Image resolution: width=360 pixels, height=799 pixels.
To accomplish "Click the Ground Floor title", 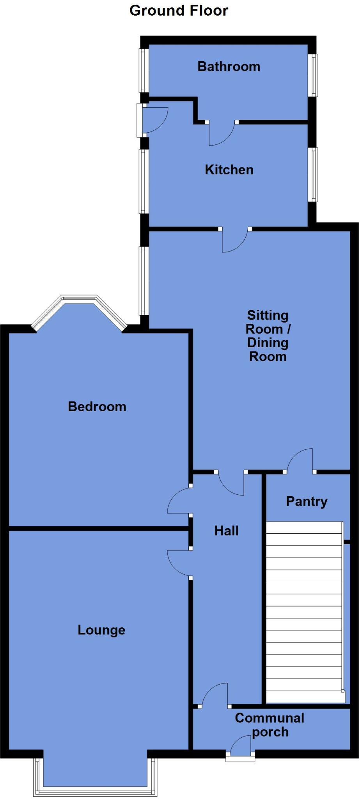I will [179, 11].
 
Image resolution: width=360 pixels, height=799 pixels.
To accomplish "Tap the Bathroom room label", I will [229, 66].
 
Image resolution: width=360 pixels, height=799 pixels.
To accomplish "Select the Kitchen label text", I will [229, 170].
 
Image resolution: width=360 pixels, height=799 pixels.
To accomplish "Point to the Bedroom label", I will [97, 407].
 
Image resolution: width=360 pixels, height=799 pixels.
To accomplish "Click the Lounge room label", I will [101, 630].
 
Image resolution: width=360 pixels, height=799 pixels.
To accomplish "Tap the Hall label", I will [226, 531].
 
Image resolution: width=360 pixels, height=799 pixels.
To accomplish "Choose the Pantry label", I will [307, 501].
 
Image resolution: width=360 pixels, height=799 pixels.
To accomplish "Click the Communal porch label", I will [270, 725].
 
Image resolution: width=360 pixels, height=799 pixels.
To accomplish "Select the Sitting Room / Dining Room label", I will [268, 336].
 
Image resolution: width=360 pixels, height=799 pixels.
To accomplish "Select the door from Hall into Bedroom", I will [179, 501].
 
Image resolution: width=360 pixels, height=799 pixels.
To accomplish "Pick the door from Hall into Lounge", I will [179, 562].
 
